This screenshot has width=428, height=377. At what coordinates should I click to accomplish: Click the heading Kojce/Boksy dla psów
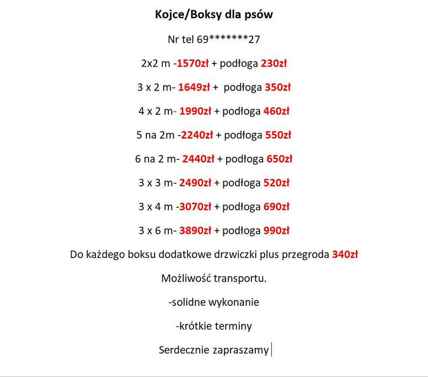pos(214,15)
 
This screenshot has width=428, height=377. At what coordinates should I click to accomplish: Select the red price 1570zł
pos(193,64)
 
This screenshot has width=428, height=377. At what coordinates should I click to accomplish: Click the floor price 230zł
pos(273,64)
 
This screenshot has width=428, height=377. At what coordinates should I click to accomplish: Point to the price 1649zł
pos(194,87)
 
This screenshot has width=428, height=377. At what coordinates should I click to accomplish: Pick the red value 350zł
pos(278,87)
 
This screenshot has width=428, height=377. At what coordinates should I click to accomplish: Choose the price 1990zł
pos(195,111)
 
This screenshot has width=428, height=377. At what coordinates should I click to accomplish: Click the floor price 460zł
pos(276,111)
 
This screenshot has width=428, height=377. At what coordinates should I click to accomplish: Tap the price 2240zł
pos(197,135)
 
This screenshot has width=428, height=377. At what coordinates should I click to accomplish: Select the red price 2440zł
pos(198,159)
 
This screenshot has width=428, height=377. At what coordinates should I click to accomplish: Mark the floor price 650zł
pos(279,159)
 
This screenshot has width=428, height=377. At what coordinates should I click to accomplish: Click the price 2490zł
pos(195,183)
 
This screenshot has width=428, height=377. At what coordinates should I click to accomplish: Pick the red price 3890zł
pos(195,231)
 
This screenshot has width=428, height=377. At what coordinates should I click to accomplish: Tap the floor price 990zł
pos(276,231)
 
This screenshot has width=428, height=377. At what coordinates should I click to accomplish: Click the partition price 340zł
pos(345,254)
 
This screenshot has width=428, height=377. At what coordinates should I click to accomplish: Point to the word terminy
pos(234,326)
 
